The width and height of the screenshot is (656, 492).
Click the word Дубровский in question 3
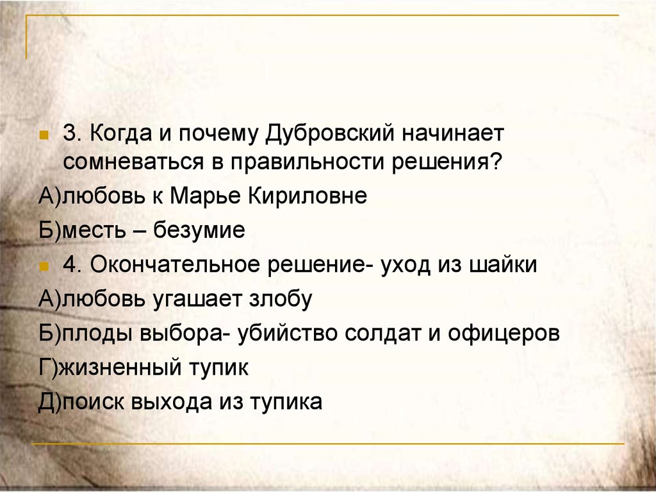(x=330, y=134)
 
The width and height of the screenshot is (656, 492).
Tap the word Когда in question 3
(x=120, y=134)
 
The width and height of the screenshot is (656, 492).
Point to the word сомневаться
(x=133, y=162)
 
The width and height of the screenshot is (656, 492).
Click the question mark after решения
(x=495, y=162)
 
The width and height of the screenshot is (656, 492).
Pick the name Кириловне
(x=307, y=196)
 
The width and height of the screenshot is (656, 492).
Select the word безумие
(x=199, y=230)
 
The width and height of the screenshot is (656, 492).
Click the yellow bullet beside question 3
(x=44, y=135)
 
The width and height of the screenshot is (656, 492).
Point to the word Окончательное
(x=175, y=265)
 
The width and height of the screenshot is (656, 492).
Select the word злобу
(x=281, y=299)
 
